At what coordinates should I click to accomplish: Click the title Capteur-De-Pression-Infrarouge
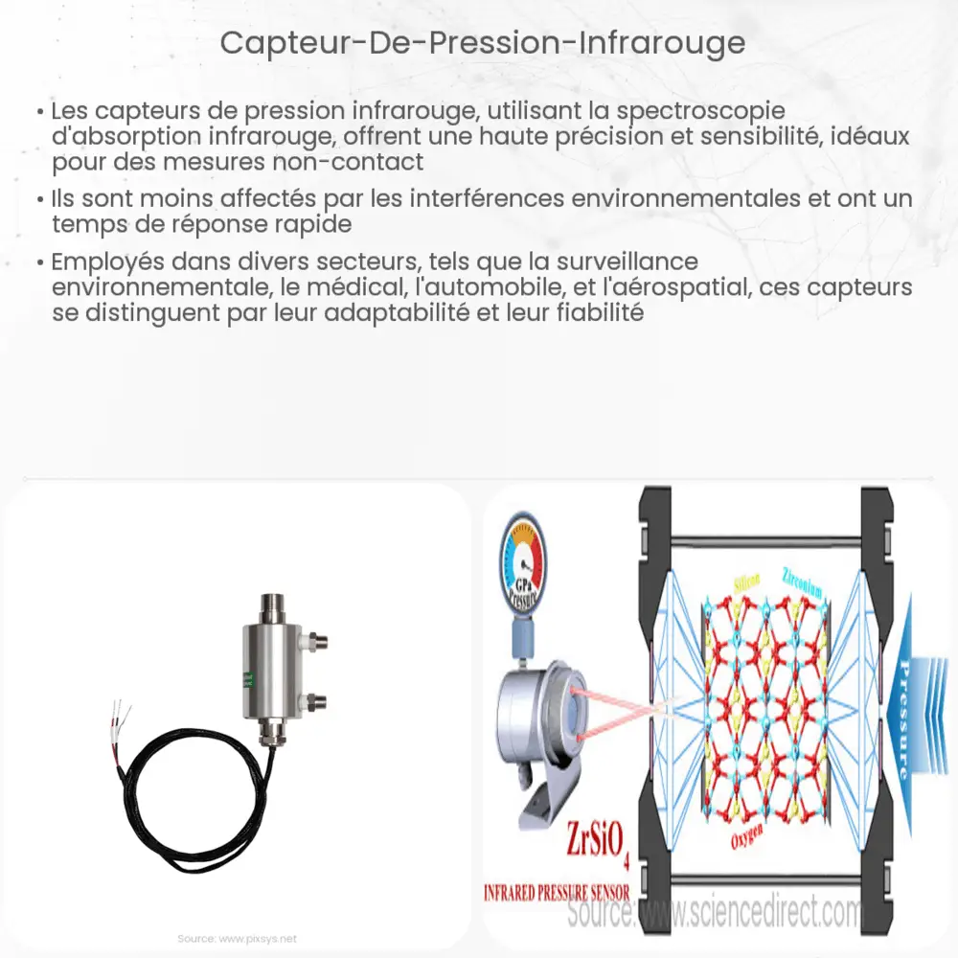tap(482, 43)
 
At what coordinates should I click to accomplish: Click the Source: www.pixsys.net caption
tap(238, 938)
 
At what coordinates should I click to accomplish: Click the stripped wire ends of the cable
tap(122, 714)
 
